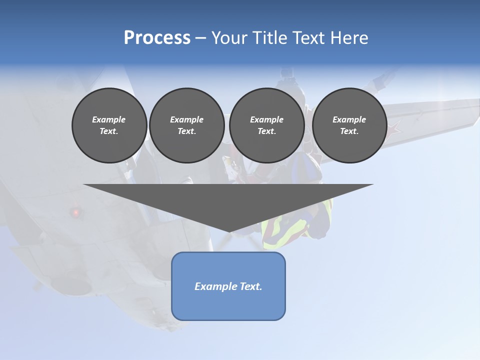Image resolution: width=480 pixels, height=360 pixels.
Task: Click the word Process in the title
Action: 157,38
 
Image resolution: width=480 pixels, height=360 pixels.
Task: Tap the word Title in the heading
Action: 270,38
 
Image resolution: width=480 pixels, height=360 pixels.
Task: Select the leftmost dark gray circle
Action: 109,125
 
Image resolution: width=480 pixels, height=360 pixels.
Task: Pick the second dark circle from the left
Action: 186,125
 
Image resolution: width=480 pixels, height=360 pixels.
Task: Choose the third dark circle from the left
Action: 266,125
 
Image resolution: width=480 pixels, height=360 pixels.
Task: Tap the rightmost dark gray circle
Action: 349,125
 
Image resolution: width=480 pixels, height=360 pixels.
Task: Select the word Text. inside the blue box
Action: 250,286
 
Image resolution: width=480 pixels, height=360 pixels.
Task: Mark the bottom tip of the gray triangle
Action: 229,231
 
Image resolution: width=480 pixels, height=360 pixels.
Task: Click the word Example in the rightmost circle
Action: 349,119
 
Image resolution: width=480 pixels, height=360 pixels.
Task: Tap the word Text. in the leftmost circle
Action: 109,131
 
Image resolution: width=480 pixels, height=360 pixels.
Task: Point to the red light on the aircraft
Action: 76,212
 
